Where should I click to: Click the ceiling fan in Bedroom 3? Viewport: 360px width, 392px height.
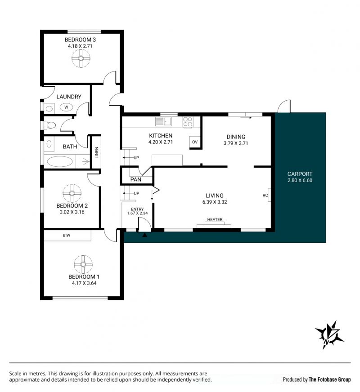tap(81, 58)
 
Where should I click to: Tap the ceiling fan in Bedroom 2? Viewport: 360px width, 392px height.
tap(72, 193)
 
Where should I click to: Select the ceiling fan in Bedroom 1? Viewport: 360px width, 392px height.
tap(83, 264)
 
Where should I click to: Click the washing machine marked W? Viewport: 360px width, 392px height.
tap(66, 107)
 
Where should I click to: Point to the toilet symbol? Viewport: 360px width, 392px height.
tap(50, 125)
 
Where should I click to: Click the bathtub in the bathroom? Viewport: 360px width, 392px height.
tap(59, 161)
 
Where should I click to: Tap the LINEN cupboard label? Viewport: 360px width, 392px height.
tap(97, 152)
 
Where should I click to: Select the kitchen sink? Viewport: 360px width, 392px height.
tap(163, 122)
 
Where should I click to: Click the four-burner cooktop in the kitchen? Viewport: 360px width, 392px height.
tap(187, 122)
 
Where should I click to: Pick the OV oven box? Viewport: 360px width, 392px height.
tap(195, 142)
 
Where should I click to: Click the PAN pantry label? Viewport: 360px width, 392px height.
tap(136, 179)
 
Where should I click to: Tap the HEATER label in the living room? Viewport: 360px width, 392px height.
tap(215, 219)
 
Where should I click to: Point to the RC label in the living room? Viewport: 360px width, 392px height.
tap(265, 196)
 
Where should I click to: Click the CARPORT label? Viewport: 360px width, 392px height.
tap(300, 174)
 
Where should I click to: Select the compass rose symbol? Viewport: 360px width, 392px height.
tap(329, 334)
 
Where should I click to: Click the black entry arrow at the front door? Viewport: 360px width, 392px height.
tap(144, 235)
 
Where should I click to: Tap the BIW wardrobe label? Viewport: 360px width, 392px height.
tap(67, 235)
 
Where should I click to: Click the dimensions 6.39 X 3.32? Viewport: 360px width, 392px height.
tap(215, 202)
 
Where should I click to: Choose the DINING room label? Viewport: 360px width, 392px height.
tap(236, 137)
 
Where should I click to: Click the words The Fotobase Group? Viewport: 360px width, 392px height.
tap(330, 379)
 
